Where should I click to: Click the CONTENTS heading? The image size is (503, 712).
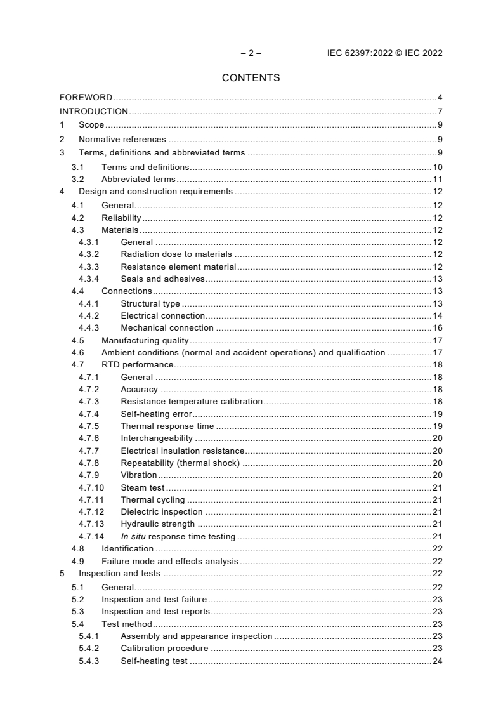[251, 78]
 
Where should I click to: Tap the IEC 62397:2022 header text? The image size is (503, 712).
[381, 53]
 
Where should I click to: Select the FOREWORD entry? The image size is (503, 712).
[86, 97]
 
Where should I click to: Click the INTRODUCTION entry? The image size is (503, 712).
[94, 111]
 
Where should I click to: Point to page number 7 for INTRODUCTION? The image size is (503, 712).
[440, 111]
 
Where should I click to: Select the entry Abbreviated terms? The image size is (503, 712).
[138, 180]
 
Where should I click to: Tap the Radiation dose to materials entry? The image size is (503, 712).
[176, 254]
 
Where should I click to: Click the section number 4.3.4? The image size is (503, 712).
[89, 279]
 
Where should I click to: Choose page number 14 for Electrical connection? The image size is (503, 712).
[437, 315]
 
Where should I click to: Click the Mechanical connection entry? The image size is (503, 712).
[167, 328]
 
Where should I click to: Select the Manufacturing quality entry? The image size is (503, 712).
[145, 340]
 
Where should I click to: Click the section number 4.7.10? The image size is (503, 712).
[91, 487]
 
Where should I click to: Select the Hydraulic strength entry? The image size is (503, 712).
[157, 524]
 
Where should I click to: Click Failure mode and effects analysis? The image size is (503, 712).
[169, 561]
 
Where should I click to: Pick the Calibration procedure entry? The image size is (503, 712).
[164, 649]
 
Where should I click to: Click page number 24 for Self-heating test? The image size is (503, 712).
[437, 661]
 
